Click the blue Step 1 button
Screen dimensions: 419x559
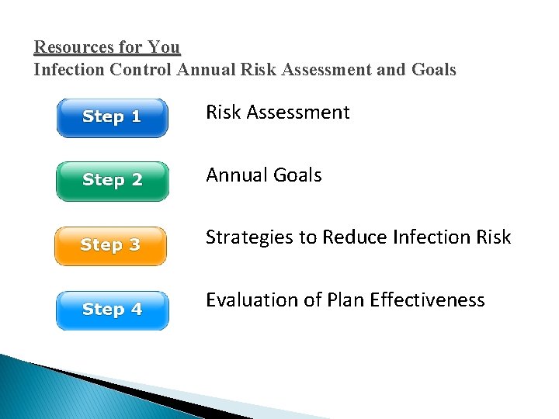click(x=112, y=118)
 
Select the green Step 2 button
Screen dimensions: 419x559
click(x=112, y=181)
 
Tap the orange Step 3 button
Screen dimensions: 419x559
click(x=110, y=246)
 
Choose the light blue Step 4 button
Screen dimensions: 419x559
click(x=112, y=310)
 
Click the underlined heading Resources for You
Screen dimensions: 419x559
click(x=107, y=47)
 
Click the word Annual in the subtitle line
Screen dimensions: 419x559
click(x=206, y=70)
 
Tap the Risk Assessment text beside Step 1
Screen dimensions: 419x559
click(x=277, y=113)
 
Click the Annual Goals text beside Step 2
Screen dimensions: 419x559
click(x=263, y=175)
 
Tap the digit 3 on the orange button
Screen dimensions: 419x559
click(x=134, y=246)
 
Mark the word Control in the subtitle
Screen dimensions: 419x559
click(x=141, y=70)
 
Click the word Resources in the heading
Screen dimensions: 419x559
click(x=72, y=47)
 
